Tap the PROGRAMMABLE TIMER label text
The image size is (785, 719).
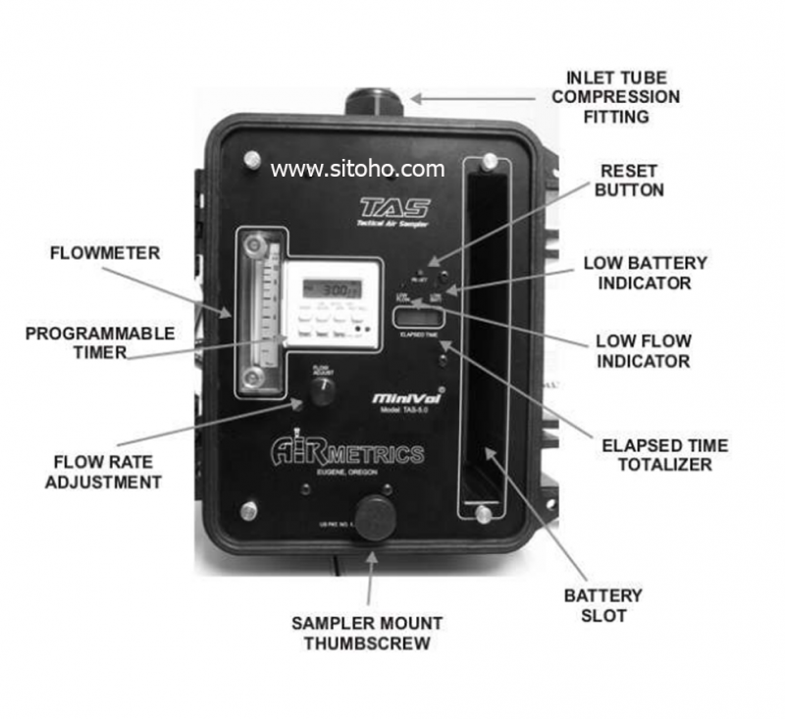pos(100,342)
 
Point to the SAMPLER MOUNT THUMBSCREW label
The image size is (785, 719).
pos(367,633)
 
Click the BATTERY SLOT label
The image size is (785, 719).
pos(602,605)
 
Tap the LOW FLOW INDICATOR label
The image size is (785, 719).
pos(643,351)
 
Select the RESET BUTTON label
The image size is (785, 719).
pos(629,180)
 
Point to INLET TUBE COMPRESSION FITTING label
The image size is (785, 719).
pos(622,97)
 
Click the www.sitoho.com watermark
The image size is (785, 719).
pos(357,169)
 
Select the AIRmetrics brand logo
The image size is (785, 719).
pos(348,454)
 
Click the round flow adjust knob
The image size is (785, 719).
pos(322,390)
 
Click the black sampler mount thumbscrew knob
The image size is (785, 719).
pos(375,517)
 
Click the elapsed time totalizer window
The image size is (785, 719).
pos(417,317)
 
